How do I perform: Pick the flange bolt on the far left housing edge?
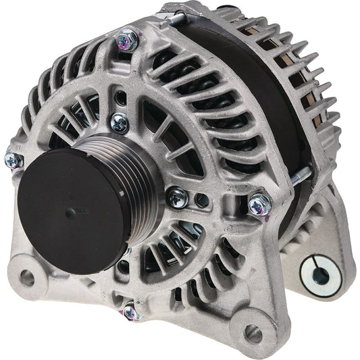(x=13, y=159)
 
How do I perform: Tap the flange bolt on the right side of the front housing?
(x=258, y=204)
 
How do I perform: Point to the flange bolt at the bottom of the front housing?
(x=131, y=311)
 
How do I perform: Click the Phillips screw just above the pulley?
(x=120, y=122)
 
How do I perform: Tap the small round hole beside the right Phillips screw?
(x=201, y=200)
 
